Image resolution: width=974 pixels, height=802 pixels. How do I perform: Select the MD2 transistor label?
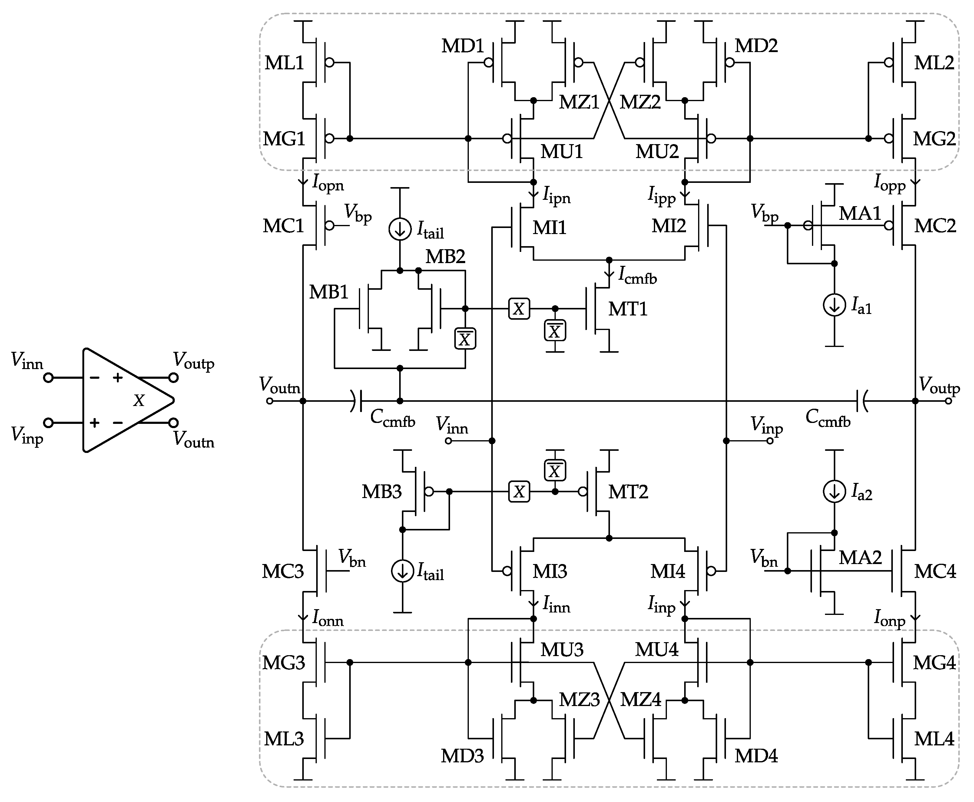(756, 46)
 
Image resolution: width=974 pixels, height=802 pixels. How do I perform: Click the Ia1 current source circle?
(834, 305)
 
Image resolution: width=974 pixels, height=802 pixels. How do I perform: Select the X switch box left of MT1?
(519, 309)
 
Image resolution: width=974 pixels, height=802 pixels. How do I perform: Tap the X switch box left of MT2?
(519, 492)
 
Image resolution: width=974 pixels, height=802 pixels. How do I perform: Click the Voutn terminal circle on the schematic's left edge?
(270, 401)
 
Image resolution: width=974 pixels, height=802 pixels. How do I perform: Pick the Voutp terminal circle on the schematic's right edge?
(948, 401)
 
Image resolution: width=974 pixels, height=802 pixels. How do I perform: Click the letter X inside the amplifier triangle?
(139, 401)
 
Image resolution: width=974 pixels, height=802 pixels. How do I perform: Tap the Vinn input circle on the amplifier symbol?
(48, 378)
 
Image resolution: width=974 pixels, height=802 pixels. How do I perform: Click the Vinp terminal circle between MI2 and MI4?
(770, 441)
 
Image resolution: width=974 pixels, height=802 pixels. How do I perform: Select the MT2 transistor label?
(628, 492)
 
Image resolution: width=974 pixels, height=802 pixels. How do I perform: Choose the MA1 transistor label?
(860, 213)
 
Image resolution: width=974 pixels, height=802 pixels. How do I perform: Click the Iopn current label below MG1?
(328, 183)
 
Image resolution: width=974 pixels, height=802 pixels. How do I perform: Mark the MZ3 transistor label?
(579, 700)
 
